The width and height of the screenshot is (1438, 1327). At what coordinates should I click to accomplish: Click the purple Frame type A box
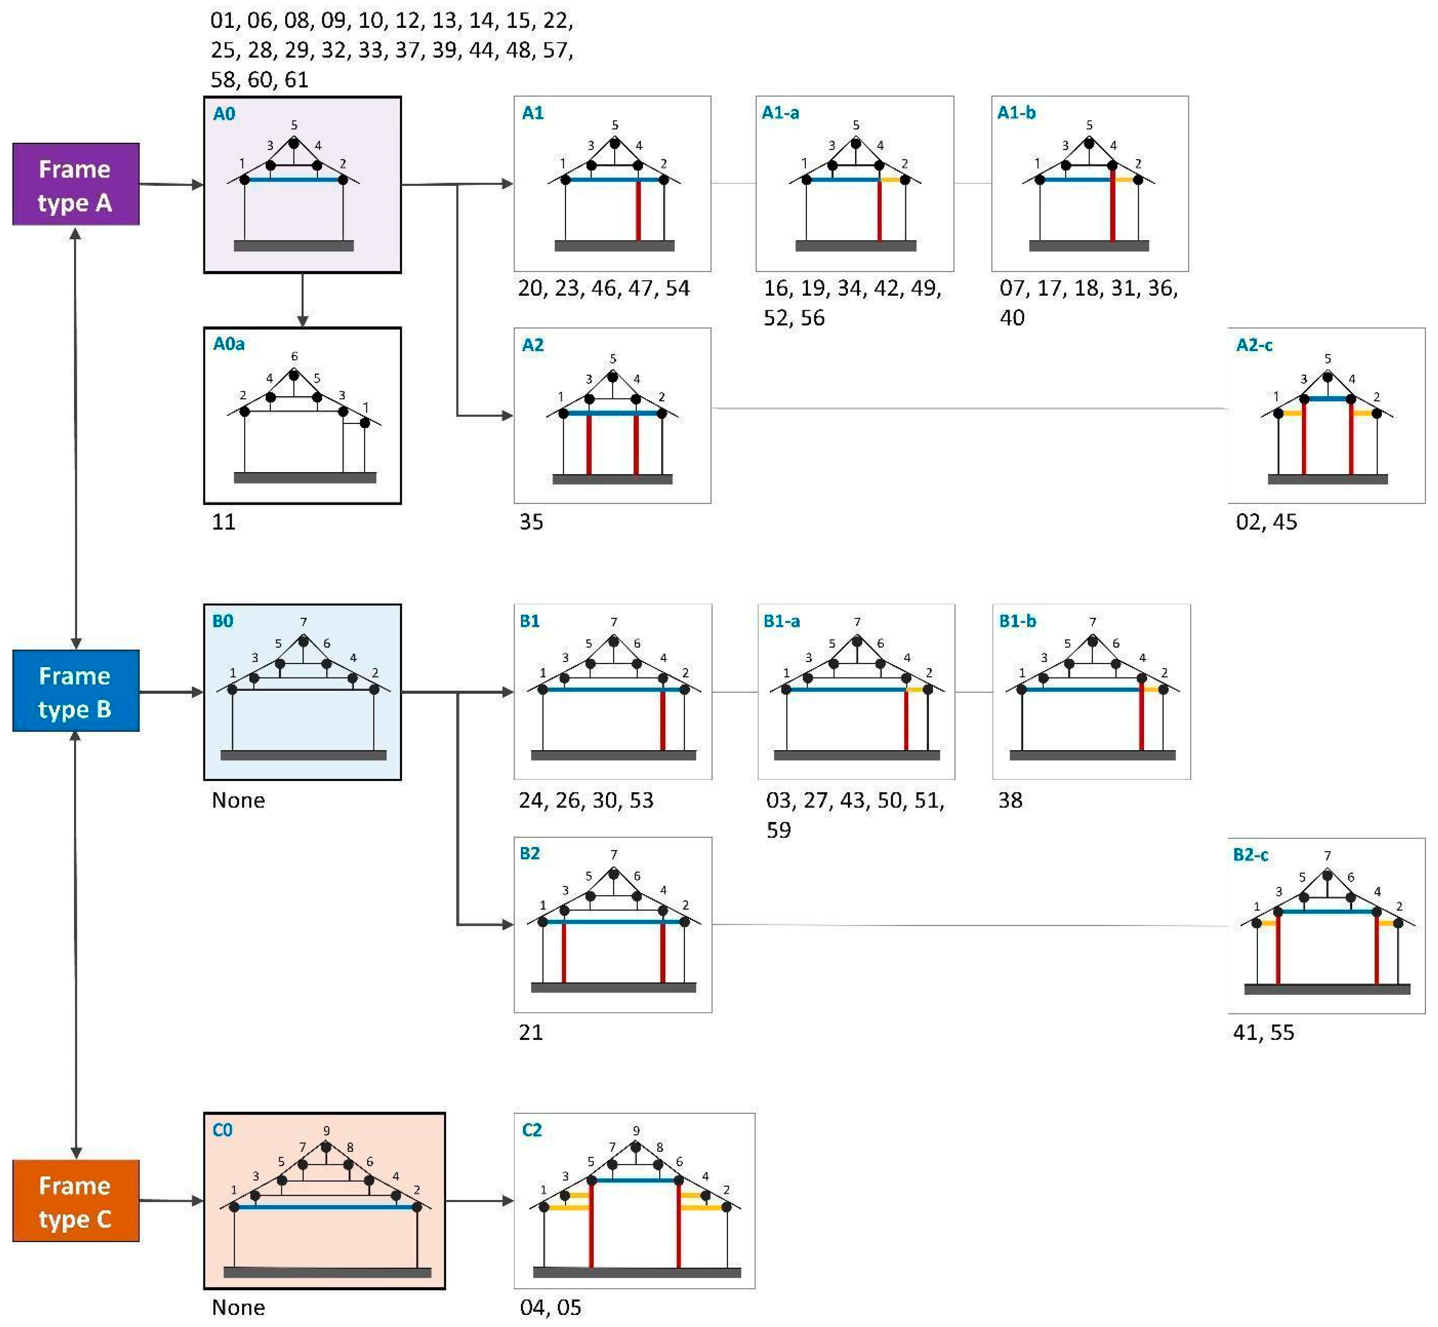point(76,185)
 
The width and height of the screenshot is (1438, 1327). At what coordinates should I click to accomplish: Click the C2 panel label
point(531,1130)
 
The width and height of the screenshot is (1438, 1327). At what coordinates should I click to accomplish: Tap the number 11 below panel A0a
point(223,522)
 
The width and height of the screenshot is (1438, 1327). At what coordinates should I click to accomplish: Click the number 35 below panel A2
point(531,522)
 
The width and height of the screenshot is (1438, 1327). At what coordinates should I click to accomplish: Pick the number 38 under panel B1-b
point(1010,800)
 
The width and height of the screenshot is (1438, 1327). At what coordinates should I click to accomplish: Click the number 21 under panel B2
point(531,1033)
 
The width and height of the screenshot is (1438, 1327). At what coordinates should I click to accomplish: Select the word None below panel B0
point(238,800)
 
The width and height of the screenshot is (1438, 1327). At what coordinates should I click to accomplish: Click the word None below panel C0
point(238,1307)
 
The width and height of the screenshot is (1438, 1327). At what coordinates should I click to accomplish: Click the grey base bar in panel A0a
point(304,478)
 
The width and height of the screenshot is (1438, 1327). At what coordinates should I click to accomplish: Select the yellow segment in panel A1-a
point(891,180)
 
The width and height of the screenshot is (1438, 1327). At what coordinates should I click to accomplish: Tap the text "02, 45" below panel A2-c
point(1266,522)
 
